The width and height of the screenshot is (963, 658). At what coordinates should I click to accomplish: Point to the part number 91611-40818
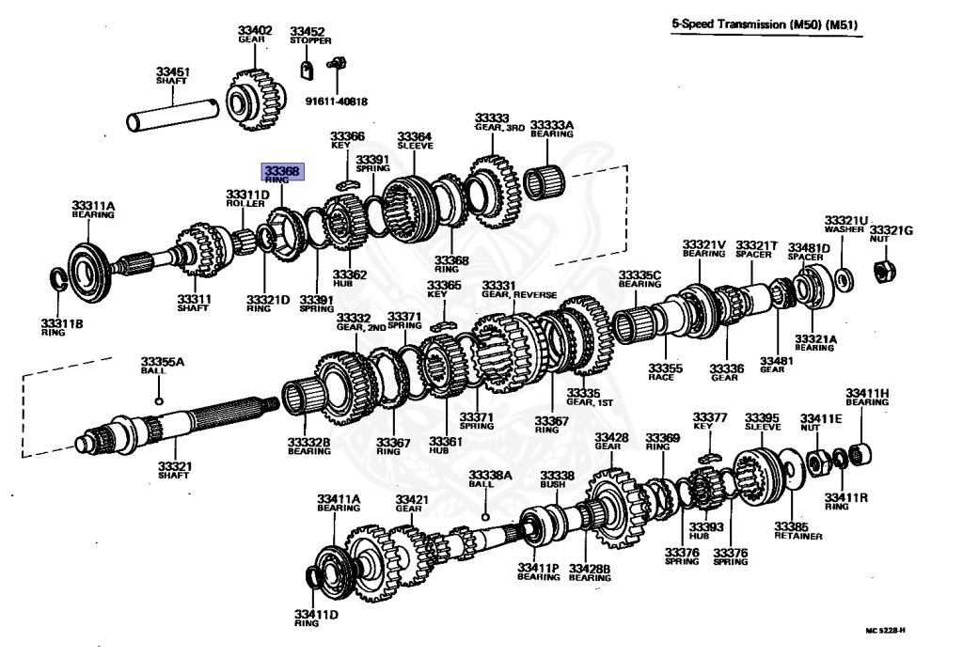[x=336, y=101]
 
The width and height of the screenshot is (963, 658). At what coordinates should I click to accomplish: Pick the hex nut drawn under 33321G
[x=884, y=272]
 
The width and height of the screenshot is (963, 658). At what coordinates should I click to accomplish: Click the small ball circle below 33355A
[x=159, y=401]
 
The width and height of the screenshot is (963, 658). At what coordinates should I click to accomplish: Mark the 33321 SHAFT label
[x=173, y=470]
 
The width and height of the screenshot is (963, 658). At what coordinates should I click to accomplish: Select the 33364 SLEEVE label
[x=414, y=141]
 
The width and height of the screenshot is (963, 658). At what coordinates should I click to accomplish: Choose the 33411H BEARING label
[x=866, y=397]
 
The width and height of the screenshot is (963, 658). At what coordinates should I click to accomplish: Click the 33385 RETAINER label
[x=798, y=530]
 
